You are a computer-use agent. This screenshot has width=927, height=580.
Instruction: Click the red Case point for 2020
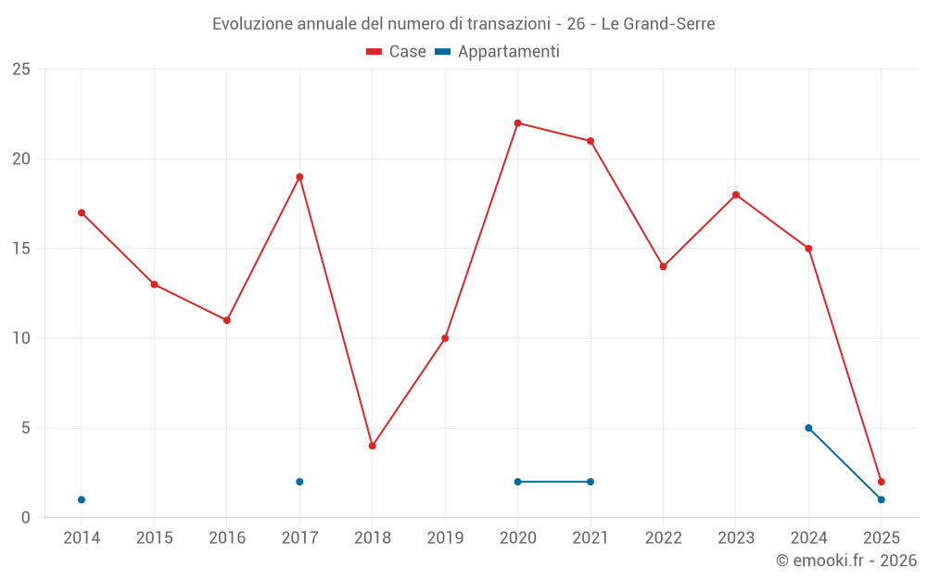[517, 122]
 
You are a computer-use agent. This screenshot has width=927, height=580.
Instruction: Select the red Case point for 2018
[372, 445]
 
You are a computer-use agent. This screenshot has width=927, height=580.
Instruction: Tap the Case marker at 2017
[299, 176]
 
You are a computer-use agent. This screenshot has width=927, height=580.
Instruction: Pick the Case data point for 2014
[82, 213]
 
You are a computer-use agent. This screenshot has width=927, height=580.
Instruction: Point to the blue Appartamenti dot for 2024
[808, 428]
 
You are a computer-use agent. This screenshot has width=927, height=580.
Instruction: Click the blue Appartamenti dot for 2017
[299, 482]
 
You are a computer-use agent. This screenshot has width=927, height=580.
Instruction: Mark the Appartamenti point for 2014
[82, 499]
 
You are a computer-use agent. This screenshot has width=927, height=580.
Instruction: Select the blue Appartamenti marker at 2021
[590, 482]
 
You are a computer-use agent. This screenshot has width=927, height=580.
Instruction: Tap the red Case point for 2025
[882, 482]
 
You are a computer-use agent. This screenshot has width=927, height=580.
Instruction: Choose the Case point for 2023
[736, 195]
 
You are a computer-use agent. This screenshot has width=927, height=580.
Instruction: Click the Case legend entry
[397, 52]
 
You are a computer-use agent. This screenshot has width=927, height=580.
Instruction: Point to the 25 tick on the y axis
[21, 70]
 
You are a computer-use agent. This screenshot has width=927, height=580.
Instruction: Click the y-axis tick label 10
[21, 338]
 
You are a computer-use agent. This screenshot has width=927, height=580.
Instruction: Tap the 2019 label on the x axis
[445, 538]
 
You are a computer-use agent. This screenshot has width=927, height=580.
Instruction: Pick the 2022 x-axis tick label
[663, 538]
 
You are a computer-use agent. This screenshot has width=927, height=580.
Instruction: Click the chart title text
[463, 24]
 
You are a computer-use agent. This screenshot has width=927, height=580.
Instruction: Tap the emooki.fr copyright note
[846, 561]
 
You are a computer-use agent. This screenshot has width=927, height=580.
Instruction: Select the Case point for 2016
[227, 320]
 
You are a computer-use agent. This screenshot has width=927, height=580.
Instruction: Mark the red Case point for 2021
[590, 141]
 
